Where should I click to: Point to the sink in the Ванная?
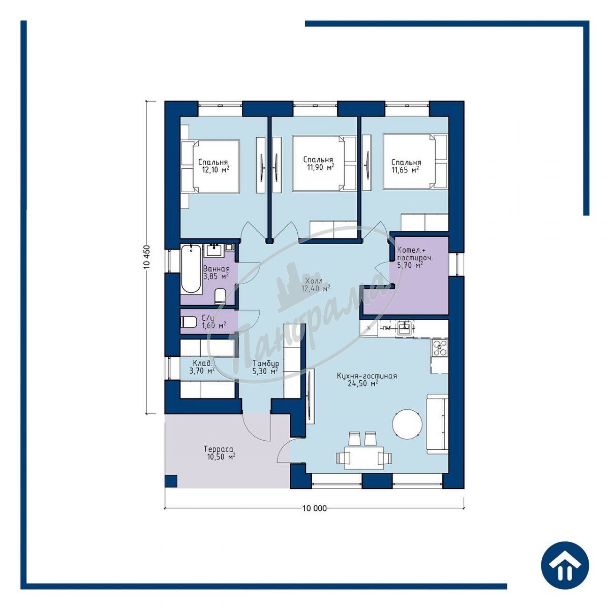point(215,251)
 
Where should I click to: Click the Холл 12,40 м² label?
point(316,284)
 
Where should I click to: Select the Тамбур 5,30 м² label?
point(265,367)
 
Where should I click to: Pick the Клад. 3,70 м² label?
point(202,367)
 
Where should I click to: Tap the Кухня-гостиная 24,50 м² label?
point(366,380)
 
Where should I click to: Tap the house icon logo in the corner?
point(565,564)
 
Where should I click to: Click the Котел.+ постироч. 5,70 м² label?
point(415,258)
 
